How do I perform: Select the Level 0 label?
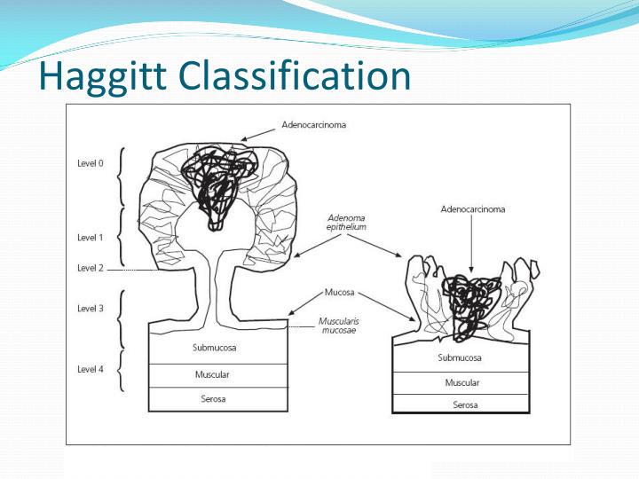[x=91, y=163]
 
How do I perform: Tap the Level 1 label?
[x=91, y=238]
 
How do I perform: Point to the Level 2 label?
[x=91, y=268]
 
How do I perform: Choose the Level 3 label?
[x=91, y=308]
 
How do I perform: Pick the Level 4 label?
[x=91, y=368]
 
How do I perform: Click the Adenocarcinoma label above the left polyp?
[x=313, y=125]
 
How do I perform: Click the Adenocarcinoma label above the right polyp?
[x=471, y=209]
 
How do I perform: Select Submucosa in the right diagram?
[x=460, y=358]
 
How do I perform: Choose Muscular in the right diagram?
[x=461, y=383]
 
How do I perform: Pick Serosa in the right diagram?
[x=461, y=404]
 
